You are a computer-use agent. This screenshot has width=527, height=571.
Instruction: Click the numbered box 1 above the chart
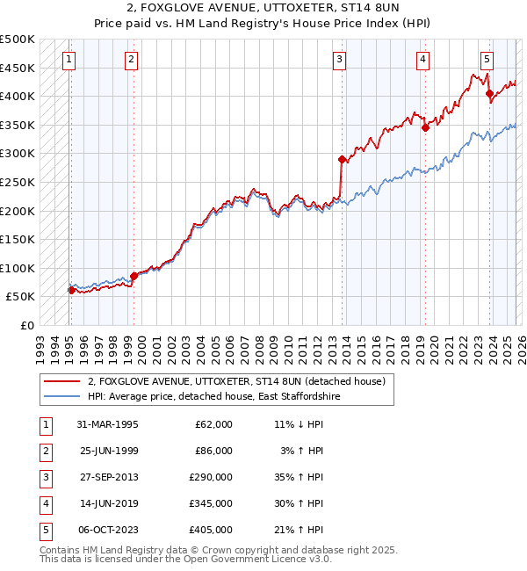pyautogui.click(x=69, y=60)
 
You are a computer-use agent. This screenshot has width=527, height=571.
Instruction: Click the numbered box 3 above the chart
pyautogui.click(x=339, y=60)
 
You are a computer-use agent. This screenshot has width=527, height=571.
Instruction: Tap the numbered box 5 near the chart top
pyautogui.click(x=487, y=60)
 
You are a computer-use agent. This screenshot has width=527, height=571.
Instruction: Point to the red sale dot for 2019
pyautogui.click(x=425, y=127)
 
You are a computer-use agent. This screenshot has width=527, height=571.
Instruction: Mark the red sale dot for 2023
pyautogui.click(x=488, y=92)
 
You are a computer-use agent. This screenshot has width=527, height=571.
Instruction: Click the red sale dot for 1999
pyautogui.click(x=134, y=276)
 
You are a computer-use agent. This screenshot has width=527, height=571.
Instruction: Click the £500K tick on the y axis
pyautogui.click(x=18, y=40)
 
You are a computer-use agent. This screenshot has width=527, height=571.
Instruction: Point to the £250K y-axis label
pyautogui.click(x=18, y=182)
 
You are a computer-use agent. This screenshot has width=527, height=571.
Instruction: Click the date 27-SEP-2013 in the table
pyautogui.click(x=107, y=479)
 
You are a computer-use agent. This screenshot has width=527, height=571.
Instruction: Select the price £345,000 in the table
pyautogui.click(x=211, y=504)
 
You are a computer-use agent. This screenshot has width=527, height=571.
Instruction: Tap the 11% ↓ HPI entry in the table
pyautogui.click(x=299, y=424)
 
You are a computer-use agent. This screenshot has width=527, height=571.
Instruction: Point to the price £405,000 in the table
pyautogui.click(x=211, y=530)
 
